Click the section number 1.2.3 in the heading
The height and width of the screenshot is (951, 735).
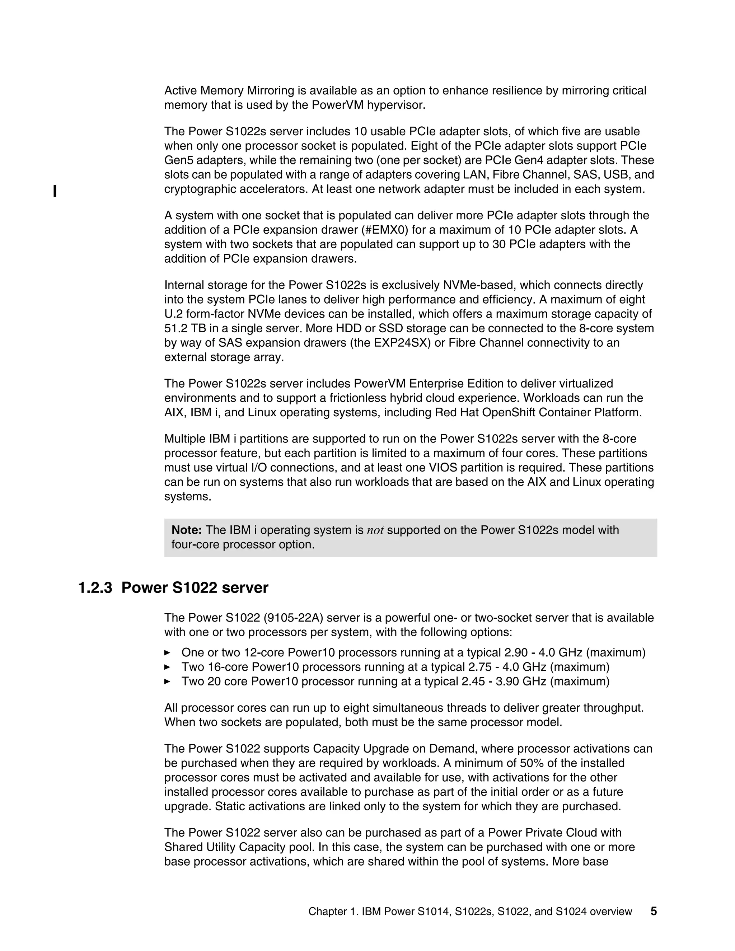pyautogui.click(x=95, y=588)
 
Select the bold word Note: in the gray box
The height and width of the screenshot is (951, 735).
pyautogui.click(x=186, y=530)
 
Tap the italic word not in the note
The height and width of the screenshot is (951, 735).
pyautogui.click(x=375, y=530)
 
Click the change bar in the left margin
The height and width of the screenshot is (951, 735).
pyautogui.click(x=55, y=191)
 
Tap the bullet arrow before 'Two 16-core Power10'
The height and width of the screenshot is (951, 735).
pyautogui.click(x=167, y=667)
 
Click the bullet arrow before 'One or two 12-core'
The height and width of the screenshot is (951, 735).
pyautogui.click(x=167, y=652)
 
